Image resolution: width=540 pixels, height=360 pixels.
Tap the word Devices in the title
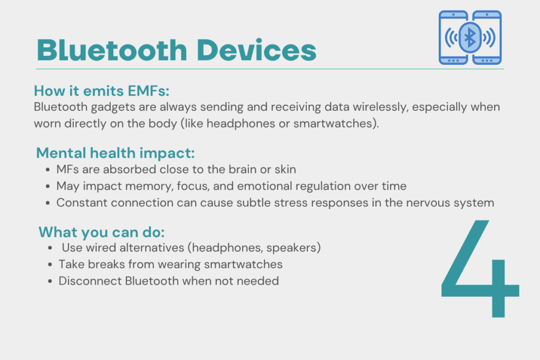[256, 51]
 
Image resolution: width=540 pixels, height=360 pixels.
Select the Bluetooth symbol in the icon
[470, 37]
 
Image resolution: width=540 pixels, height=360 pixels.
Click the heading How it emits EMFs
[101, 91]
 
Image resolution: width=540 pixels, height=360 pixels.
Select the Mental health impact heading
[115, 153]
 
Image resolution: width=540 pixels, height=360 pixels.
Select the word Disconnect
[90, 281]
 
